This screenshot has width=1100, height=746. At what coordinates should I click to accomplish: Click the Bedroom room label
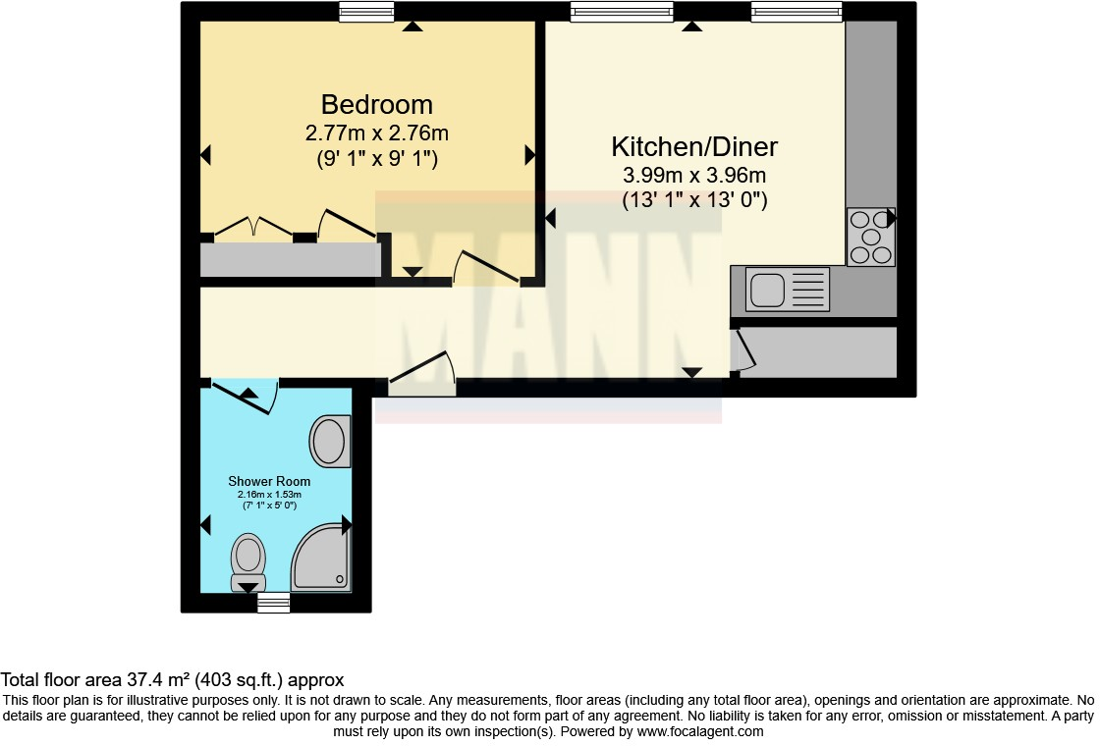[x=377, y=104]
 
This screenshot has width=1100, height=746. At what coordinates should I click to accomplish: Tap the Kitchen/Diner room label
[x=694, y=147]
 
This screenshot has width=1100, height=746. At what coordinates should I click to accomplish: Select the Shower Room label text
[x=269, y=481]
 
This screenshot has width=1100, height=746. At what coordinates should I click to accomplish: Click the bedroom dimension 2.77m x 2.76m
[x=377, y=133]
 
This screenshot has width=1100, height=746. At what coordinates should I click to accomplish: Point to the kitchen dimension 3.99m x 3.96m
[x=694, y=177]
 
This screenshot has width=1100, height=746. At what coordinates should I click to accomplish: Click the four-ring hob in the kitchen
[x=870, y=237]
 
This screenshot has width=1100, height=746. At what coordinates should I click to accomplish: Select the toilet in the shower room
[x=248, y=562]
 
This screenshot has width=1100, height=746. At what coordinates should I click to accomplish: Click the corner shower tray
[x=321, y=559]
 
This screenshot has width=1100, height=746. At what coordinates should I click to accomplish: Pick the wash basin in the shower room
[x=330, y=441]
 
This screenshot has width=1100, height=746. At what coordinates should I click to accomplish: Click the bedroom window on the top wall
[x=367, y=12]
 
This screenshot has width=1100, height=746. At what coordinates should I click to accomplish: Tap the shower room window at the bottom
[x=274, y=603]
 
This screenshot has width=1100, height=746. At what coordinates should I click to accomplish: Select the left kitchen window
[x=622, y=12]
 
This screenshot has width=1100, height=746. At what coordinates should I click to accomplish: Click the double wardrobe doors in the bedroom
[x=253, y=228]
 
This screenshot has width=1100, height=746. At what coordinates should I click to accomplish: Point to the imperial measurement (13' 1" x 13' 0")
[x=694, y=200]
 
